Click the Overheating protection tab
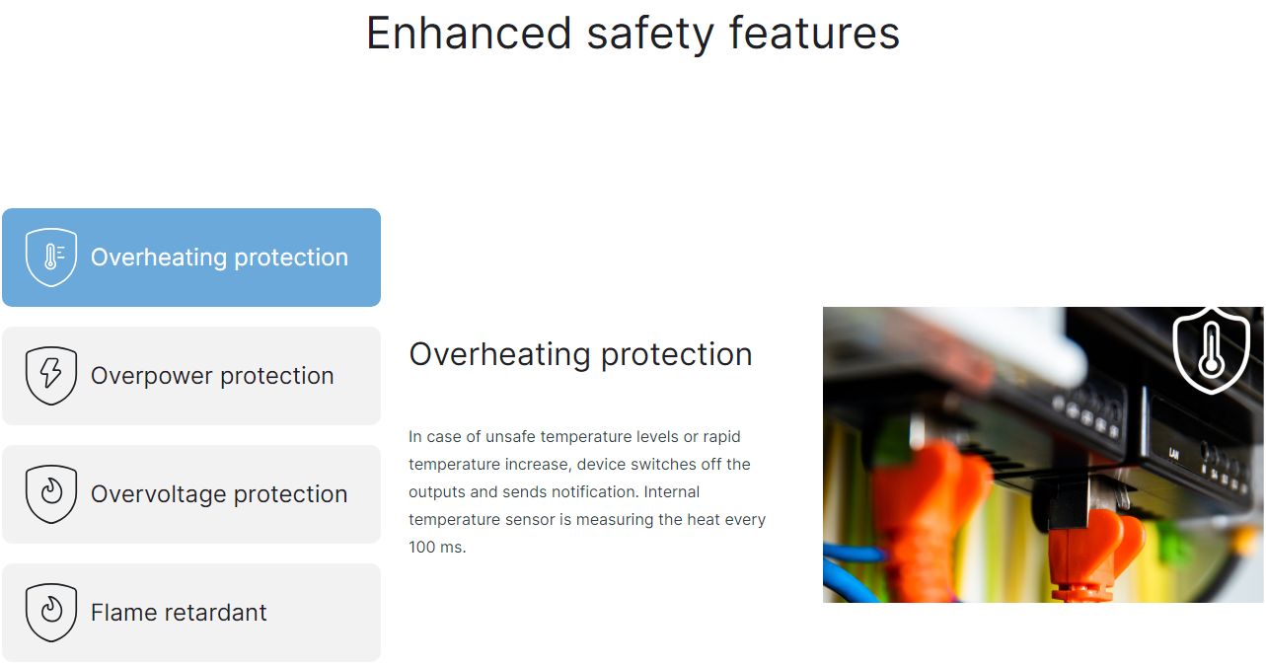(191, 258)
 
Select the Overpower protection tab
(191, 376)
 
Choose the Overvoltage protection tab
(191, 494)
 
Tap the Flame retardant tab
(191, 613)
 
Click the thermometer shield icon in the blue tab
(51, 258)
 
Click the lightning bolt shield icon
(51, 376)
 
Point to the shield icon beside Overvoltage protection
(51, 494)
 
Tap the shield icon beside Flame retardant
(51, 613)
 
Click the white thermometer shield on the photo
(1211, 350)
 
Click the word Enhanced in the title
(469, 34)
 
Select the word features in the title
(814, 34)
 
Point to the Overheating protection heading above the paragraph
(580, 355)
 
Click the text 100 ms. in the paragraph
(437, 548)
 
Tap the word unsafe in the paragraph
(510, 436)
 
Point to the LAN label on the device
(1174, 453)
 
